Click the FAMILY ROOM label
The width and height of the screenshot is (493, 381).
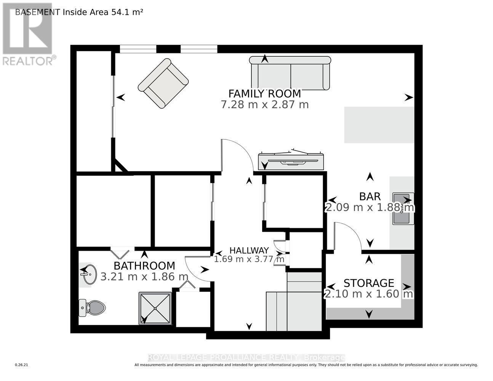click(264, 93)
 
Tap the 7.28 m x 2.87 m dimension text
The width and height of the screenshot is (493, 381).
click(264, 104)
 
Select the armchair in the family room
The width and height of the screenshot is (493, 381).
click(163, 83)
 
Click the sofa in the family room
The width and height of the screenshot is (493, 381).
click(290, 73)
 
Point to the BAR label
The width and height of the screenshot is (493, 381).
click(370, 197)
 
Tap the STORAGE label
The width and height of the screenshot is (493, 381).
click(368, 283)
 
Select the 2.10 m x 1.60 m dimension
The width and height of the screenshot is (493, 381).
click(368, 294)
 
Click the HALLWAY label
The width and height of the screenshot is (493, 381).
click(249, 250)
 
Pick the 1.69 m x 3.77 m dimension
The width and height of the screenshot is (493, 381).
click(249, 259)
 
